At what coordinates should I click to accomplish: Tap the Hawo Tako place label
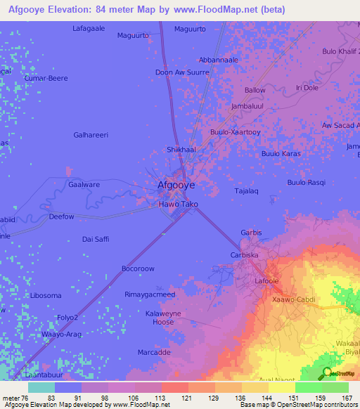pyautogui.click(x=178, y=204)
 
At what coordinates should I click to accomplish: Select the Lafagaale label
pyautogui.click(x=89, y=28)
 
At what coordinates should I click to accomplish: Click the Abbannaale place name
pyautogui.click(x=219, y=60)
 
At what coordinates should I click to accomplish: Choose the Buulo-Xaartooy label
pyautogui.click(x=236, y=131)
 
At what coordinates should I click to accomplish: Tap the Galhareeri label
pyautogui.click(x=91, y=135)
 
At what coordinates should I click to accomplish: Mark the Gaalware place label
pyautogui.click(x=84, y=183)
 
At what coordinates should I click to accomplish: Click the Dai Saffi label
pyautogui.click(x=96, y=239)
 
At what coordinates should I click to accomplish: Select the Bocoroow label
pyautogui.click(x=138, y=269)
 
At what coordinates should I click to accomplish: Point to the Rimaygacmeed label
pyautogui.click(x=150, y=294)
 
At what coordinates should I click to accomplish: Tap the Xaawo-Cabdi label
pyautogui.click(x=294, y=299)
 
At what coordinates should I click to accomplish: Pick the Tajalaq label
pyautogui.click(x=247, y=191)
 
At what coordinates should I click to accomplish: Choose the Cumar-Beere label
pyautogui.click(x=46, y=78)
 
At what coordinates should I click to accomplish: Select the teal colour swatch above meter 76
pyautogui.click(x=41, y=387)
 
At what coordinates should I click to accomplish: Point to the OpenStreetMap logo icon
pyautogui.click(x=326, y=373)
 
